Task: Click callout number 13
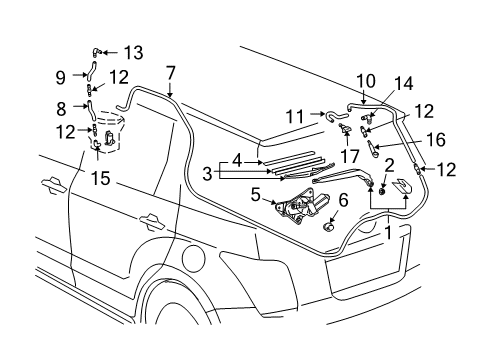click(132, 52)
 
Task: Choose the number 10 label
click(365, 80)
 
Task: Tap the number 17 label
click(349, 155)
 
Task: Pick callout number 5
click(255, 195)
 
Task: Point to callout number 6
click(344, 200)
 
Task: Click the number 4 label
click(236, 158)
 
